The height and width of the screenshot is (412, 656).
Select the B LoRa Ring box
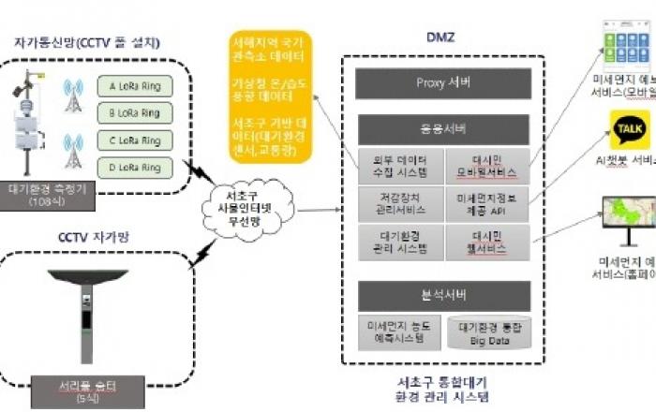point(136,114)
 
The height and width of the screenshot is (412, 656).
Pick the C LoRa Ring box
point(136,141)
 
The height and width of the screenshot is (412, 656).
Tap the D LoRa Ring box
point(136,169)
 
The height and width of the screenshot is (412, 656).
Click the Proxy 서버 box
point(443,83)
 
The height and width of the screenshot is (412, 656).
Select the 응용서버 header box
point(443,128)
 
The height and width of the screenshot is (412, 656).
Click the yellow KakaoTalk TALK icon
point(630,127)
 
